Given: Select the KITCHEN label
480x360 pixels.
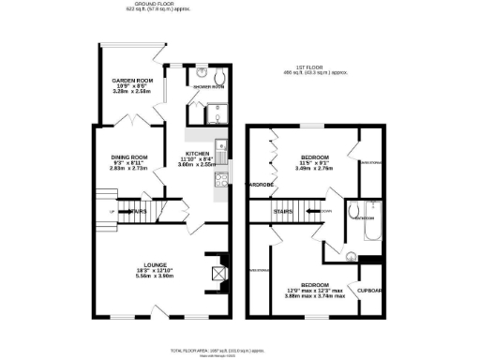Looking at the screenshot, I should pyautogui.click(x=197, y=152).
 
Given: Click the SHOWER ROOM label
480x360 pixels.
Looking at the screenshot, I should pyautogui.click(x=208, y=86).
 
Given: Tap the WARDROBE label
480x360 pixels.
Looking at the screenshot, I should pyautogui.click(x=259, y=184).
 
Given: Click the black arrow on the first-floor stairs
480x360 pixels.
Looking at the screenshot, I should pyautogui.click(x=312, y=212).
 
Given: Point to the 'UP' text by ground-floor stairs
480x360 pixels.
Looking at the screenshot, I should pyautogui.click(x=113, y=212).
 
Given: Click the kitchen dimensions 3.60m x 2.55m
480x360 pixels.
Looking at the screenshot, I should pyautogui.click(x=197, y=164).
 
